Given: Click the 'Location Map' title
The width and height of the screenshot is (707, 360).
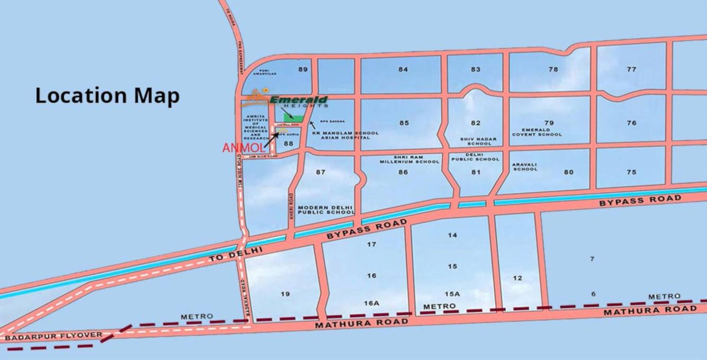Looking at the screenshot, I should pos(107,96).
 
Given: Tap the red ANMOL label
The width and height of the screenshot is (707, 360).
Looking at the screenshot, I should pos(243,148).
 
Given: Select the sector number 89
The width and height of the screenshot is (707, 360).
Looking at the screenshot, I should pos(303,69).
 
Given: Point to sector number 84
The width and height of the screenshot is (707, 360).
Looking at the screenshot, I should pos(403,69).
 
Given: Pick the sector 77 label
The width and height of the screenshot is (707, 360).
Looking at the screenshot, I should pos(631,69).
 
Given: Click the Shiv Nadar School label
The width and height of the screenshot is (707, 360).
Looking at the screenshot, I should pos(476,141).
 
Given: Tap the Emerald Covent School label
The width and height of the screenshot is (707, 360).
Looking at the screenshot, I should pos(537,132).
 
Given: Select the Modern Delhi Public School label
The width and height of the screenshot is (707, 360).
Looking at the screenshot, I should pos(325,210).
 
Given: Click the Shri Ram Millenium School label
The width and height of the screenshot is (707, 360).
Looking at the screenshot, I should pos(410,159).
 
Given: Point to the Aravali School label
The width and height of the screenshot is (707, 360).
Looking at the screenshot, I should pos(525,167).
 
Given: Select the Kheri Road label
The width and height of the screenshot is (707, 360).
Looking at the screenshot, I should pos(291,206).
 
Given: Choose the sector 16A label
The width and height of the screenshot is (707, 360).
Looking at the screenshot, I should pos(371,303).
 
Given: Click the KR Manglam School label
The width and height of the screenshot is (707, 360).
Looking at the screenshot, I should pos(346,133).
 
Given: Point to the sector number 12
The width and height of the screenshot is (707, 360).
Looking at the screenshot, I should pos(518,278).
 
